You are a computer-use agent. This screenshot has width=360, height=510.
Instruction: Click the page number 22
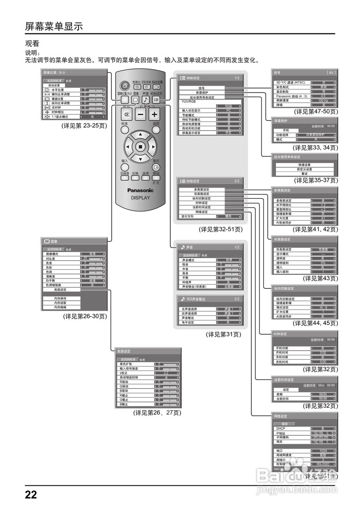[31, 495]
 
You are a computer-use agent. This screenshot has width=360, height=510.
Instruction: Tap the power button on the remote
[125, 86]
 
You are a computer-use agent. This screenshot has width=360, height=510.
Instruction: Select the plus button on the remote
[154, 115]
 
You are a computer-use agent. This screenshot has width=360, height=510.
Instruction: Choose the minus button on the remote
[141, 115]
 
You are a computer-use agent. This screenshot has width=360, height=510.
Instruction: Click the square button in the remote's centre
[140, 147]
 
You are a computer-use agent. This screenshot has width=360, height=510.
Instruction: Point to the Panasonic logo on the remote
[140, 190]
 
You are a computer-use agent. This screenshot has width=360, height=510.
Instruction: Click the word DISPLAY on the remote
[140, 198]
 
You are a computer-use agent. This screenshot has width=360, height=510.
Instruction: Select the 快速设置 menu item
[304, 165]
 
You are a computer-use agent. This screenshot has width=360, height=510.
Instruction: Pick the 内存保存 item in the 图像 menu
[61, 298]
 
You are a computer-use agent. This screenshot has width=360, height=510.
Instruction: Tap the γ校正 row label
[124, 373]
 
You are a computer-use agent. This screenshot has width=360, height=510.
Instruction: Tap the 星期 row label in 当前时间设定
[280, 394]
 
